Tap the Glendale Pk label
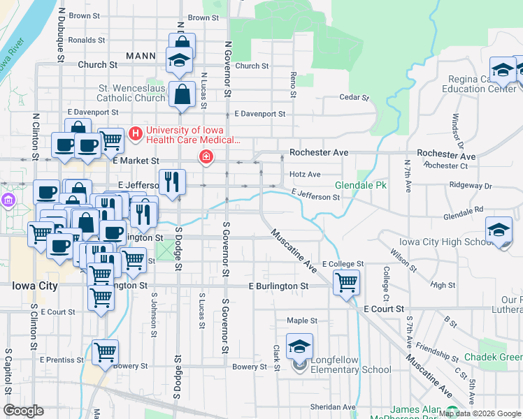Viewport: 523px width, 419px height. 360,186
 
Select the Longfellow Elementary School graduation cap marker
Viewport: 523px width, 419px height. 299,346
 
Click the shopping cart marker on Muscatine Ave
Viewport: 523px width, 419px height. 346,283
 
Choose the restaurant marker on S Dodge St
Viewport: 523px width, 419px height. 172,182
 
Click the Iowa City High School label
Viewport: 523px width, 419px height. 445,242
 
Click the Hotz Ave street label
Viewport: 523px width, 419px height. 304,175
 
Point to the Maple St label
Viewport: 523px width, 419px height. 302,321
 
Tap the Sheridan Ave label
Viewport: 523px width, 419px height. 334,407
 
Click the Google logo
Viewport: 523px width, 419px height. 24,411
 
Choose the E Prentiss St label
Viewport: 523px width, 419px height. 62,360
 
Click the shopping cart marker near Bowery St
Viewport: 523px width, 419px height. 105,352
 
